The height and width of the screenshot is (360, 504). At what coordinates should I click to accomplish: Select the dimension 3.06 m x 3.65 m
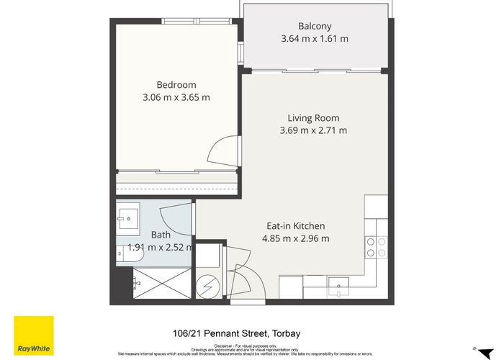(176, 97)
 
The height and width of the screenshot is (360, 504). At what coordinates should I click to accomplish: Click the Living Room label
(313, 118)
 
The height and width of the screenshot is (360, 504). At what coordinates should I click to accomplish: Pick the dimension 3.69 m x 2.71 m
(313, 131)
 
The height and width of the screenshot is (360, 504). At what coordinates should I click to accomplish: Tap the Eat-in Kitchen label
(295, 225)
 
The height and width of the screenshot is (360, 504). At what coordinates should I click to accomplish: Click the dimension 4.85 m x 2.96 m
(295, 239)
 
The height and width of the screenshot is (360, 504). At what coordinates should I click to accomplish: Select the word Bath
(161, 235)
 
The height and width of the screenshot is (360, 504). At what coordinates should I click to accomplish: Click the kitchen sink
(338, 288)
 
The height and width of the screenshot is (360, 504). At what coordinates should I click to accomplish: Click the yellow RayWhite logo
(34, 336)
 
